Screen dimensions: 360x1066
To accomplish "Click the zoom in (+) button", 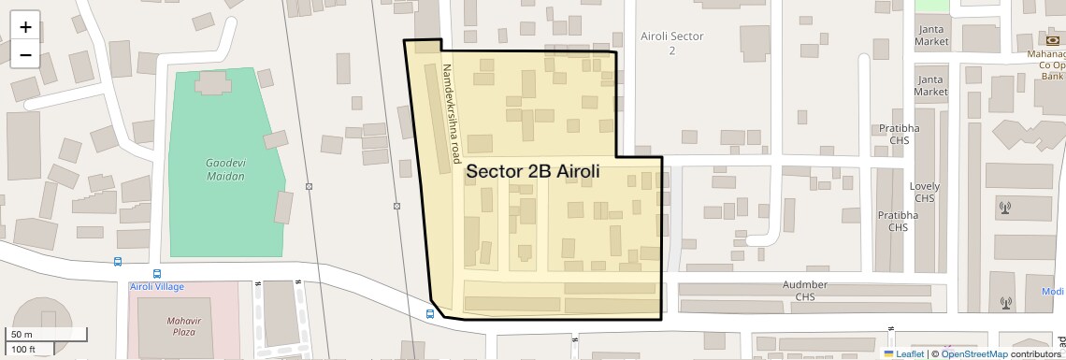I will (x=25, y=27).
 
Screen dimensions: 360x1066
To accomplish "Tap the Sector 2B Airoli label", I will (x=532, y=172).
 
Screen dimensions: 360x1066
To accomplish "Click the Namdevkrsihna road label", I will (x=453, y=110).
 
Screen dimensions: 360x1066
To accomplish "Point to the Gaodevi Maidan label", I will (x=224, y=169).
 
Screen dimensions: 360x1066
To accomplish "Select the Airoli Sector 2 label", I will (x=671, y=43).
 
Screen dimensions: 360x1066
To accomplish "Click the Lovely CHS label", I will (x=925, y=192).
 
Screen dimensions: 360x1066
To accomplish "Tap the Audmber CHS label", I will (x=805, y=291).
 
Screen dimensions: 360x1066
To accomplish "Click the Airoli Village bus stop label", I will (x=156, y=286).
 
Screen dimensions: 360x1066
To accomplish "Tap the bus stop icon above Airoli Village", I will (x=118, y=263).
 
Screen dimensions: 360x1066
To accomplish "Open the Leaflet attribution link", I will (x=903, y=353).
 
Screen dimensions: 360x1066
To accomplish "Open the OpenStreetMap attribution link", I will (x=973, y=353).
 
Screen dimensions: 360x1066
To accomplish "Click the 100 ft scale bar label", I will (x=24, y=350).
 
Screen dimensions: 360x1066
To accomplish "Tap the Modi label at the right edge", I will (x=1053, y=292).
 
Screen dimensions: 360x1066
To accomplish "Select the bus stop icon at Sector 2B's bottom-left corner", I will (x=430, y=314).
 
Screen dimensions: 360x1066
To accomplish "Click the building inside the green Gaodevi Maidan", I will (x=213, y=83).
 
